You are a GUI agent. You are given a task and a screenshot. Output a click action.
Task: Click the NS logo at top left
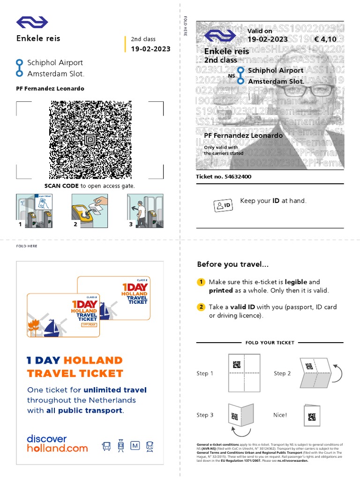pos(32,22)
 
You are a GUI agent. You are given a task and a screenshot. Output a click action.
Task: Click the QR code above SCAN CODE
pos(90,139)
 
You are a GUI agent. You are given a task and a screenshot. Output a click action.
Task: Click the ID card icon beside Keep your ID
pos(224,205)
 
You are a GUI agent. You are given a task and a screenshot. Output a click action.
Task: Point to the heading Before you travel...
pos(233,264)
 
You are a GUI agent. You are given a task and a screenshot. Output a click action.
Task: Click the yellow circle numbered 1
pos(201,282)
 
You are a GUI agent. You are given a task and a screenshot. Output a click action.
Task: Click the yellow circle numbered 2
pos(201,307)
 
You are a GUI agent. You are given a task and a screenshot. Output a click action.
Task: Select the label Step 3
pos(205,415)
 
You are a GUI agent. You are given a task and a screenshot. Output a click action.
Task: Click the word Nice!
pos(280,415)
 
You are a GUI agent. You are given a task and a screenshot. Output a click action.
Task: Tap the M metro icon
pos(135,446)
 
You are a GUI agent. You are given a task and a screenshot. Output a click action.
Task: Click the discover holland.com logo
pos(57,443)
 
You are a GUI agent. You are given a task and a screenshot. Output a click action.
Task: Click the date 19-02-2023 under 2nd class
pos(150,49)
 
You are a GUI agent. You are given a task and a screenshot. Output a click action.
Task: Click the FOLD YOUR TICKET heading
pos(270,343)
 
